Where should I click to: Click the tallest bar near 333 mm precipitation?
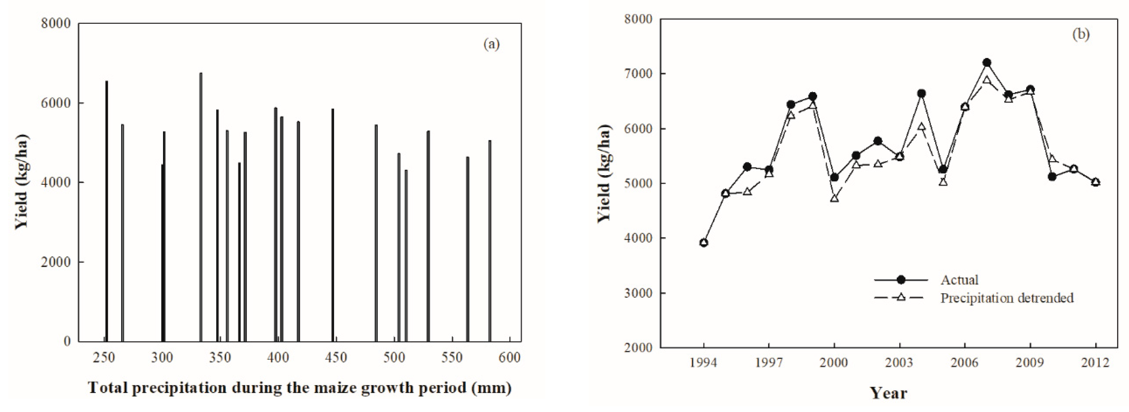pos(201,206)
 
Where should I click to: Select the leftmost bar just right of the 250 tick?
pos(106,210)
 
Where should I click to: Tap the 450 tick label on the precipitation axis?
pos(336,357)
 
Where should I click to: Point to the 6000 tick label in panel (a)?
pos(56,103)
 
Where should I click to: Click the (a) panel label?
pos(491,44)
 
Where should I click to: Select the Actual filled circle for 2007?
pos(986,63)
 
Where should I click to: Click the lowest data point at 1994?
pos(704,243)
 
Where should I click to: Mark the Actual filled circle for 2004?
pos(921,93)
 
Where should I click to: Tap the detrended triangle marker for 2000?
pos(834,198)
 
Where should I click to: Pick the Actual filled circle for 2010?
pos(1052,177)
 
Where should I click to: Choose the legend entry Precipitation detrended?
pos(1007,298)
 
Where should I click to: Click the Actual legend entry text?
pos(959,279)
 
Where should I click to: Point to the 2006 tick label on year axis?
pos(965,362)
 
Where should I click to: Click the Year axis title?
pos(888,392)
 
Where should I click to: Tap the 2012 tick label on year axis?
pos(1095,362)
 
